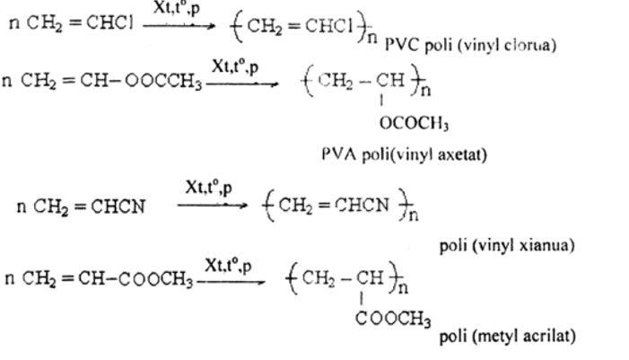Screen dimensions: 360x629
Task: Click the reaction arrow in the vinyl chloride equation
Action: [179, 25]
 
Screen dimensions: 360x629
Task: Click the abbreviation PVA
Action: [338, 154]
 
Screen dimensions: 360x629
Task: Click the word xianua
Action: [546, 244]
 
